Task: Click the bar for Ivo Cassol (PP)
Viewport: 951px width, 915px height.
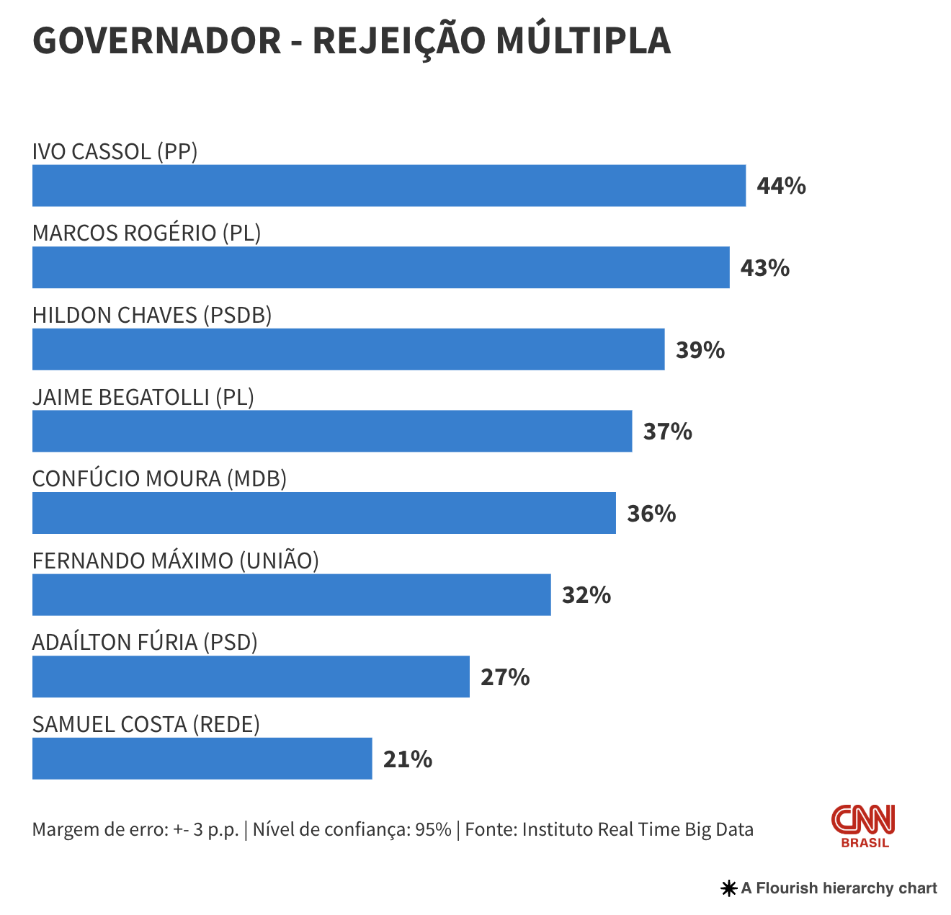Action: tap(389, 186)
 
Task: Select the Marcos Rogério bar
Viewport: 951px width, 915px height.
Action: tap(380, 267)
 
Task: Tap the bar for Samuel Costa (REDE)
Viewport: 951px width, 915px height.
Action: tap(202, 759)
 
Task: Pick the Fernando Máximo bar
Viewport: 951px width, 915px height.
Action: tap(291, 595)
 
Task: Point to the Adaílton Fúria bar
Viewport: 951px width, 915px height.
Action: tap(251, 677)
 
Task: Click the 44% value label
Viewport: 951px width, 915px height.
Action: tap(781, 186)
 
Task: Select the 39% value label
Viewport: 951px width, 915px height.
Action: tap(700, 350)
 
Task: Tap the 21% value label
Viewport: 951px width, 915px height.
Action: tap(408, 759)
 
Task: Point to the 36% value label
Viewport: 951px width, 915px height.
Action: tap(651, 514)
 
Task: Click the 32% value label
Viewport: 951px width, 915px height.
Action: tap(586, 595)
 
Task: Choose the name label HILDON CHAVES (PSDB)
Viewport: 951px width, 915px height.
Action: tap(152, 315)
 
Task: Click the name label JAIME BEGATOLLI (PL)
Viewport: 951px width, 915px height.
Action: tap(143, 397)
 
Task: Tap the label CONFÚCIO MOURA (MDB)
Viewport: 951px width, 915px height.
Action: tap(159, 478)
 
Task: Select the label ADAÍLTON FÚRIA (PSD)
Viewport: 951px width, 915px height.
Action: tap(145, 642)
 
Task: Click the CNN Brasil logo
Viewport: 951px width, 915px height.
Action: tap(864, 826)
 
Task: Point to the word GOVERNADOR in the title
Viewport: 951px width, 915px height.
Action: tap(157, 40)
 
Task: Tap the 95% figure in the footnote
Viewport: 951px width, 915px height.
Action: tap(433, 829)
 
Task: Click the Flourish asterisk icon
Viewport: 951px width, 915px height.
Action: tap(728, 888)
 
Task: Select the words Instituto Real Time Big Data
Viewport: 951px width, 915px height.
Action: tap(638, 829)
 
